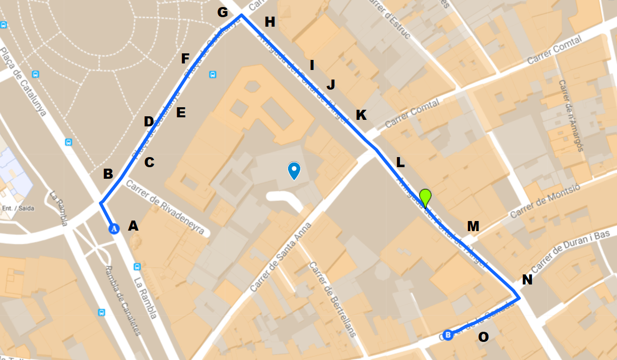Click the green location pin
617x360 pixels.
coord(426,197)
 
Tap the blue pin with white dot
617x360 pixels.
coord(294,171)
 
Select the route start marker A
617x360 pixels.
coord(114,229)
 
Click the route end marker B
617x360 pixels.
coord(448,334)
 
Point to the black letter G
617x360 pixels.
coord(223,12)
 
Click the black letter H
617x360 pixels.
coord(270,22)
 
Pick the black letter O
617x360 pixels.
coord(483,337)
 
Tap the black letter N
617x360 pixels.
coord(527,280)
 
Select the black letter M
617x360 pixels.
coord(472,227)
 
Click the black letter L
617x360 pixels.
coord(400,163)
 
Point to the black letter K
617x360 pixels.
coord(361,115)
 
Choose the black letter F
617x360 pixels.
coord(185,59)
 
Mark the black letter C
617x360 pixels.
coord(149,163)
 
